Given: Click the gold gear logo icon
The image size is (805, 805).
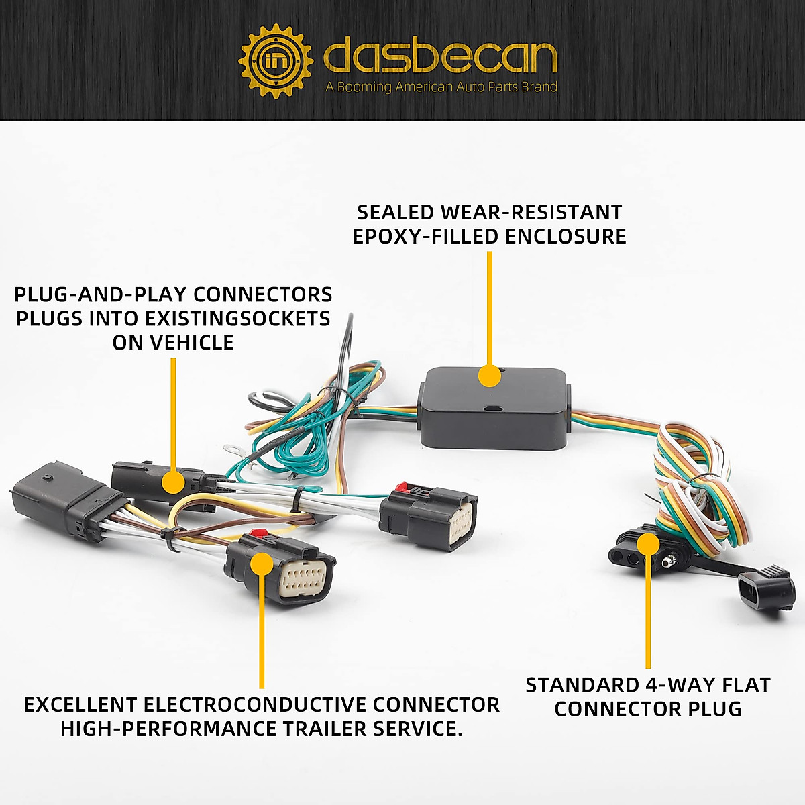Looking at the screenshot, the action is [276, 61].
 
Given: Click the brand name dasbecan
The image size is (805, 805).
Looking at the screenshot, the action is [440, 58].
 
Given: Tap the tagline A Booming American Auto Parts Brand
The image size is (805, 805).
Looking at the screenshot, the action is [441, 87].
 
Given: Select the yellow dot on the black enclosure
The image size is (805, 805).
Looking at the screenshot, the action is [490, 375].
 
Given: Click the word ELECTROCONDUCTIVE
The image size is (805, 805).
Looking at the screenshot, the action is [256, 705].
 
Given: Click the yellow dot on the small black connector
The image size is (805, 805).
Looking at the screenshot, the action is [174, 482].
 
